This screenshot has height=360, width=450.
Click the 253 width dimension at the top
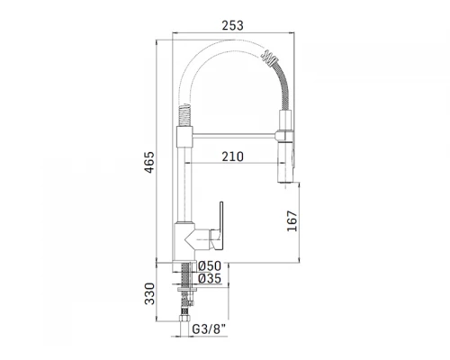pos(232,25)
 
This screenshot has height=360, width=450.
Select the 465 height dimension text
pos(149,162)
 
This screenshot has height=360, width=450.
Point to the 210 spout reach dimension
pos(232,157)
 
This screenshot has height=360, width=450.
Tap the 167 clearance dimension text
pos(292,221)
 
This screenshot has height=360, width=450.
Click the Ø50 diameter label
pos(210,265)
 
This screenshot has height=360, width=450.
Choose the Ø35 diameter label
pos(210,278)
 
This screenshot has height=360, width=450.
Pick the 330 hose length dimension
pos(149,293)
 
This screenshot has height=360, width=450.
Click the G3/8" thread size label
pos(209,329)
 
